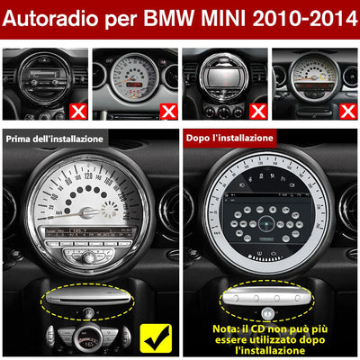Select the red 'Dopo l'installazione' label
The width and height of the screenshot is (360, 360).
229,139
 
